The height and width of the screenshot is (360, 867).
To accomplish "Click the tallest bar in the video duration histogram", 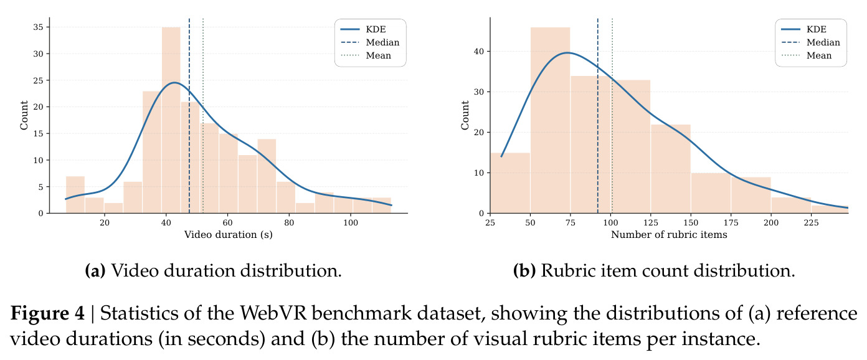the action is [171, 120].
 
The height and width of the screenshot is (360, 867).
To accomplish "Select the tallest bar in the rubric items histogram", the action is [551, 120].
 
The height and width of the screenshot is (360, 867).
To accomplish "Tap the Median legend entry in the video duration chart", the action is [370, 42].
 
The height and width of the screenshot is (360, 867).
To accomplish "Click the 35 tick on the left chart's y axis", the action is [39, 27].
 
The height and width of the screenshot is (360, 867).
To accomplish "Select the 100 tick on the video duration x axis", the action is [351, 222].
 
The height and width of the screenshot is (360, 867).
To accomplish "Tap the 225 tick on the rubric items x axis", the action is [812, 222].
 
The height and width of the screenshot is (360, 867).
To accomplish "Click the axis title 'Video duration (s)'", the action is [229, 235].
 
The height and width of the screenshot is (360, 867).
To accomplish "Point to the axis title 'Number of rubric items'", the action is [669, 235].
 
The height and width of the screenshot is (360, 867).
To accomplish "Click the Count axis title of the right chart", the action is [465, 115].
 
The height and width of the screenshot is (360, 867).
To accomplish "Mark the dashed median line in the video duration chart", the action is [189, 115].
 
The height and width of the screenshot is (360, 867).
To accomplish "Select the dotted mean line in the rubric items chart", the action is [612, 115].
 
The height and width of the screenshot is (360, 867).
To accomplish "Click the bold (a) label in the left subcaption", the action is [95, 270].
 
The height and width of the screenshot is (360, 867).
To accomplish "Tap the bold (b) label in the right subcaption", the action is [524, 270].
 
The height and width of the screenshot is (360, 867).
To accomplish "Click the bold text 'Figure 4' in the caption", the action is [47, 313].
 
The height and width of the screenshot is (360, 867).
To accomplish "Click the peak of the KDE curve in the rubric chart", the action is [567, 53].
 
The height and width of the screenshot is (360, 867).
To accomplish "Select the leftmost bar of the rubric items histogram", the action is [511, 182].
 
